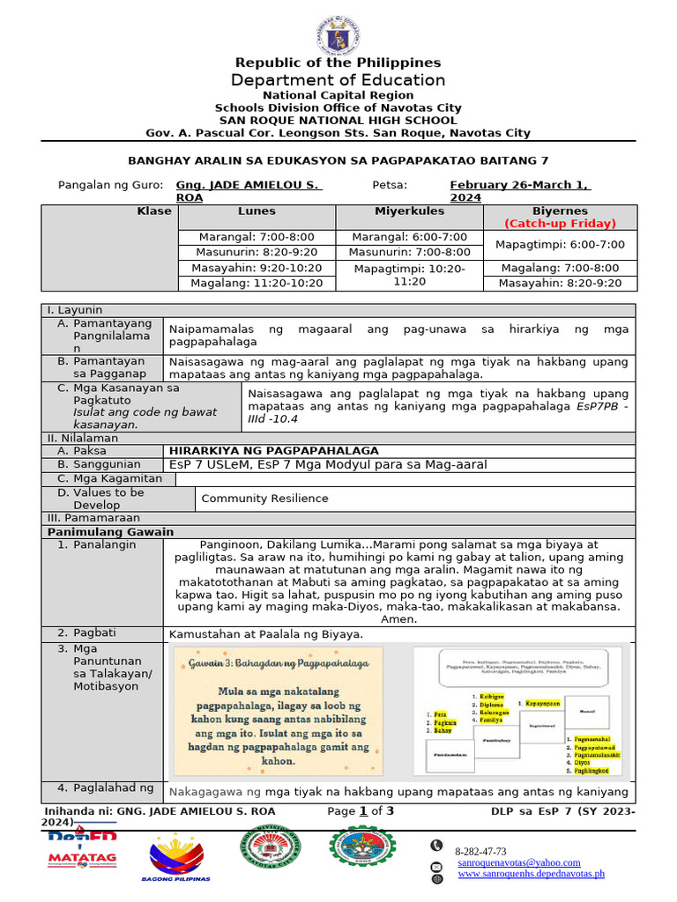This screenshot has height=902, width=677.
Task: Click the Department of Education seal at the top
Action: [338, 33]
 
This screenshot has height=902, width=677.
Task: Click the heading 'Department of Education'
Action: [338, 80]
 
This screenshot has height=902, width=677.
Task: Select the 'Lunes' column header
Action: [256, 211]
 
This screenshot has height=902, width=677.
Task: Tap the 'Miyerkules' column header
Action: [409, 211]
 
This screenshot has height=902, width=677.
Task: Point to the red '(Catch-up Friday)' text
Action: [560, 224]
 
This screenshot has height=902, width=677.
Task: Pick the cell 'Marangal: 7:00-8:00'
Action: [256, 237]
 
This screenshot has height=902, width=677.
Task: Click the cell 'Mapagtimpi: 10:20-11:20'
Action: [409, 275]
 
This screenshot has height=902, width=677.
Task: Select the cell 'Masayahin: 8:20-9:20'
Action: [560, 283]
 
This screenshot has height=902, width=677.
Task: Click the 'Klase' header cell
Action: [153, 211]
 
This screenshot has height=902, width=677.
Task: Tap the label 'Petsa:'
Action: [390, 185]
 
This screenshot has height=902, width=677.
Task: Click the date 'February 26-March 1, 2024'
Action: [519, 191]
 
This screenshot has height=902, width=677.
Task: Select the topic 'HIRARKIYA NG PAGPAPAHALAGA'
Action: [274, 450]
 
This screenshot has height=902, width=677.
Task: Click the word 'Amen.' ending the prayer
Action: [398, 619]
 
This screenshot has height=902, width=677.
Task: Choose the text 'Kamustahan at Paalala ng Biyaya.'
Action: [264, 634]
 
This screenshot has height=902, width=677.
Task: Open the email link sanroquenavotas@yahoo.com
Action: [518, 862]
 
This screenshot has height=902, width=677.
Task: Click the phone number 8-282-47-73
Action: [480, 852]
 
